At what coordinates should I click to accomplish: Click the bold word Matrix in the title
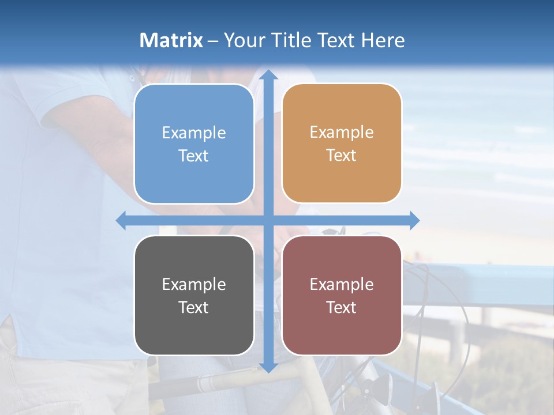coord(171,40)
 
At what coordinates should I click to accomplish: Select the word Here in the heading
coord(383,40)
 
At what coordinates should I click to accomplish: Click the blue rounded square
coord(194,144)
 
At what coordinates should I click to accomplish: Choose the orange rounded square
coord(342,144)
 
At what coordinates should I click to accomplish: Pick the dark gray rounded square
coord(194,296)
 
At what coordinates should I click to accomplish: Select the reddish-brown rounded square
coord(342,295)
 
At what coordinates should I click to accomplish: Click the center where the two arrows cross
coord(268,220)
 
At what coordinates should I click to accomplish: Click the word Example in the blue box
coord(194,133)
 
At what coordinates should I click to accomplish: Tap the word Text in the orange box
coord(342,156)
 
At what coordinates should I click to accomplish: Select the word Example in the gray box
coord(194,284)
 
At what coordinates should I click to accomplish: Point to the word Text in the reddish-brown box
coord(342,307)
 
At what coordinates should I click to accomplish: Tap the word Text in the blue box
coord(194,156)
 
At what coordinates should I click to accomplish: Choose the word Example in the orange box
coord(342,133)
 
